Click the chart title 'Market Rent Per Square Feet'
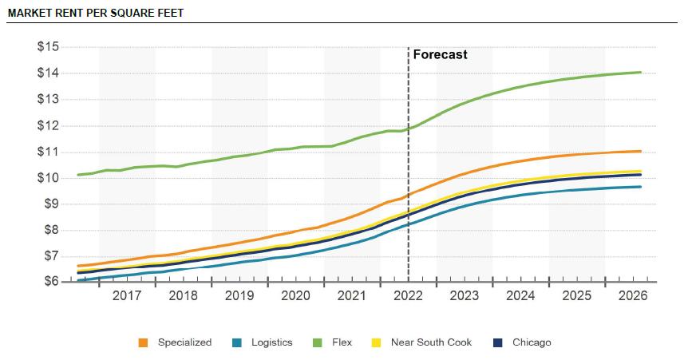pos(96,13)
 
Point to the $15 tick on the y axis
pos(48,46)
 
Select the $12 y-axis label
pos(48,126)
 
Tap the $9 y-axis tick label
pos(52,204)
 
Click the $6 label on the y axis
pos(52,282)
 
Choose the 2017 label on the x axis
pos(127,295)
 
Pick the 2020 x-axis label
pos(295,295)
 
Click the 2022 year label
pos(408,295)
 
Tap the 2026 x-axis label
pos(633,295)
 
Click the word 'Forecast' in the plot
pos(440,54)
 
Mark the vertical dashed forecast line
pos(409,164)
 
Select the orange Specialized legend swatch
pos(143,343)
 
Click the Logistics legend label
pos(271,342)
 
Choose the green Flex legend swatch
pos(317,343)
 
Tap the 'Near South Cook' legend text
pos(431,342)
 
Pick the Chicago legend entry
pos(522,342)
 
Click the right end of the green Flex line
pos(641,73)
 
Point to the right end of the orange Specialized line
pos(641,152)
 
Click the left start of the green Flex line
pos(78,175)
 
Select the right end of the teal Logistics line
pos(641,187)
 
